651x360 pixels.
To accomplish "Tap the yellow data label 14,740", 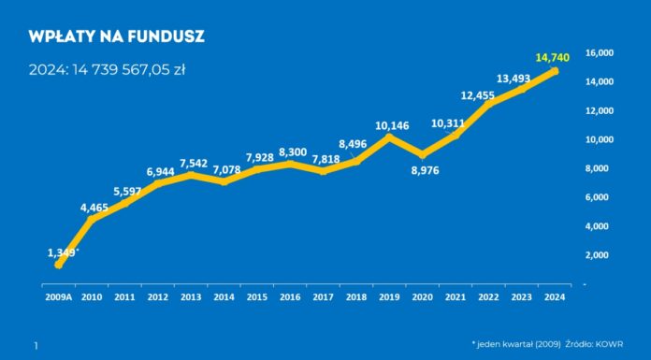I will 553,57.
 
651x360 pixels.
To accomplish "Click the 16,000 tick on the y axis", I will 598,53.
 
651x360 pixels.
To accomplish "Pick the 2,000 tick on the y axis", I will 600,254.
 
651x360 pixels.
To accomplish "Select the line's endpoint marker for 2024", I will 555,71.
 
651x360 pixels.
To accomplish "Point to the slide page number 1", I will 36,346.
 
